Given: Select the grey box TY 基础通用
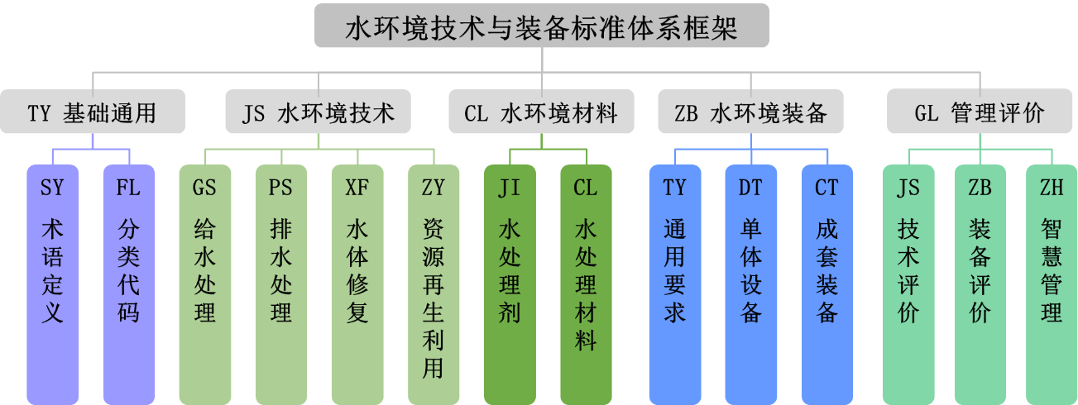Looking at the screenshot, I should tap(92, 112).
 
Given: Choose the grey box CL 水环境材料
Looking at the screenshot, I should tap(542, 112).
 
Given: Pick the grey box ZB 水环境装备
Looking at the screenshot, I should tap(750, 112).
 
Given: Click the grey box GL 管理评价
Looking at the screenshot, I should tap(980, 112).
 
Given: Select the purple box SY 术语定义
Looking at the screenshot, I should tap(52, 281).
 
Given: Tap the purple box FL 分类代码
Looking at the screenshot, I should tap(128, 281).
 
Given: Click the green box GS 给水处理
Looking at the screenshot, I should tap(204, 281).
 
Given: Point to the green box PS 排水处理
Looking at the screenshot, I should tap(280, 281).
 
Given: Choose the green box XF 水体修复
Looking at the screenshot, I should tap(357, 281).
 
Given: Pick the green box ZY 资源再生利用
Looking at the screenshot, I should tap(433, 281).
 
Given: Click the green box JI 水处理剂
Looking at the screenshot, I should tap(509, 281).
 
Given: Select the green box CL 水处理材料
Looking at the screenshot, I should tap(585, 281).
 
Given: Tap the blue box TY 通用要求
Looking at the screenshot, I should tap(674, 281).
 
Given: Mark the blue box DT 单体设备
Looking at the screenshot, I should tap(750, 281).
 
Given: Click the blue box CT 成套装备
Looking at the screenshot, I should tap(826, 281).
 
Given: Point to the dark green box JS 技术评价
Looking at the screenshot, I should tap(908, 281).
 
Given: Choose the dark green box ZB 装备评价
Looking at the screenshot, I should tap(980, 281).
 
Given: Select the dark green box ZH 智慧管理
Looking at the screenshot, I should tap(1052, 281).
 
